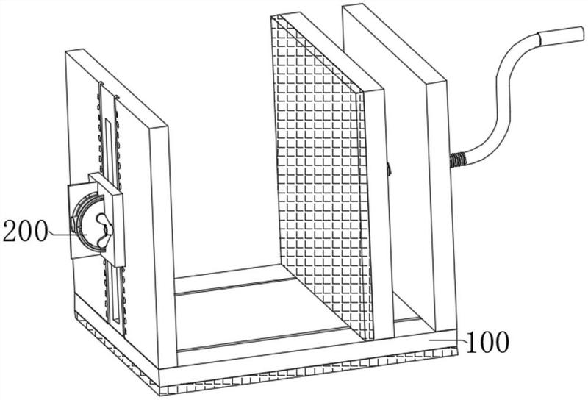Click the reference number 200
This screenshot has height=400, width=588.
coord(26,231)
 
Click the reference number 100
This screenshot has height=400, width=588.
coord(487,342)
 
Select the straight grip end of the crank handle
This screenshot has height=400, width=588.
coord(562,37)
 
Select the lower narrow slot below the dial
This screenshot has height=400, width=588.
coord(115,293)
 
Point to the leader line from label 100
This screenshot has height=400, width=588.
coord(448,340)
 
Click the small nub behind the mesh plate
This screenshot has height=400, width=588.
coord(389,169)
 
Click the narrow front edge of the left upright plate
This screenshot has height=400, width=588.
coord(163,246)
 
